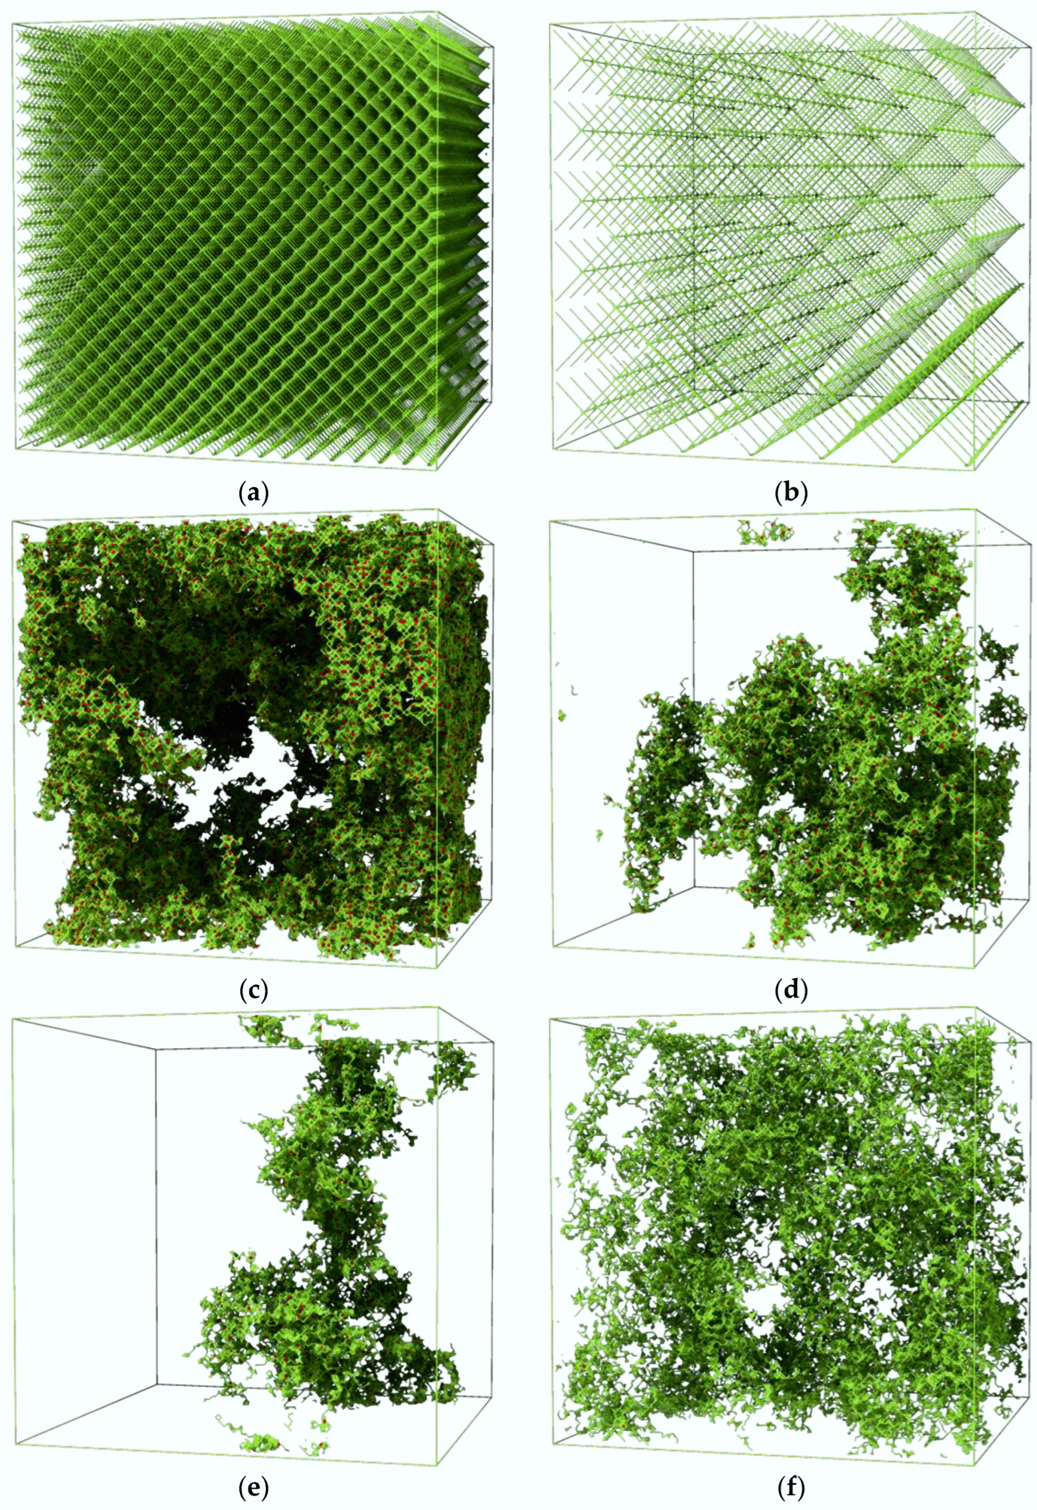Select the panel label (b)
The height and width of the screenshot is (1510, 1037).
click(791, 494)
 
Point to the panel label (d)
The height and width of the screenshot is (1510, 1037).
click(791, 990)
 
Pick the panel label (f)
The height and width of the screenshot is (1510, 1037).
click(791, 1486)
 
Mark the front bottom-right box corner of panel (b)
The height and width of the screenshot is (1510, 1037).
click(975, 466)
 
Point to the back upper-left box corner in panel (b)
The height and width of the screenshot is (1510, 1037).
click(694, 55)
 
